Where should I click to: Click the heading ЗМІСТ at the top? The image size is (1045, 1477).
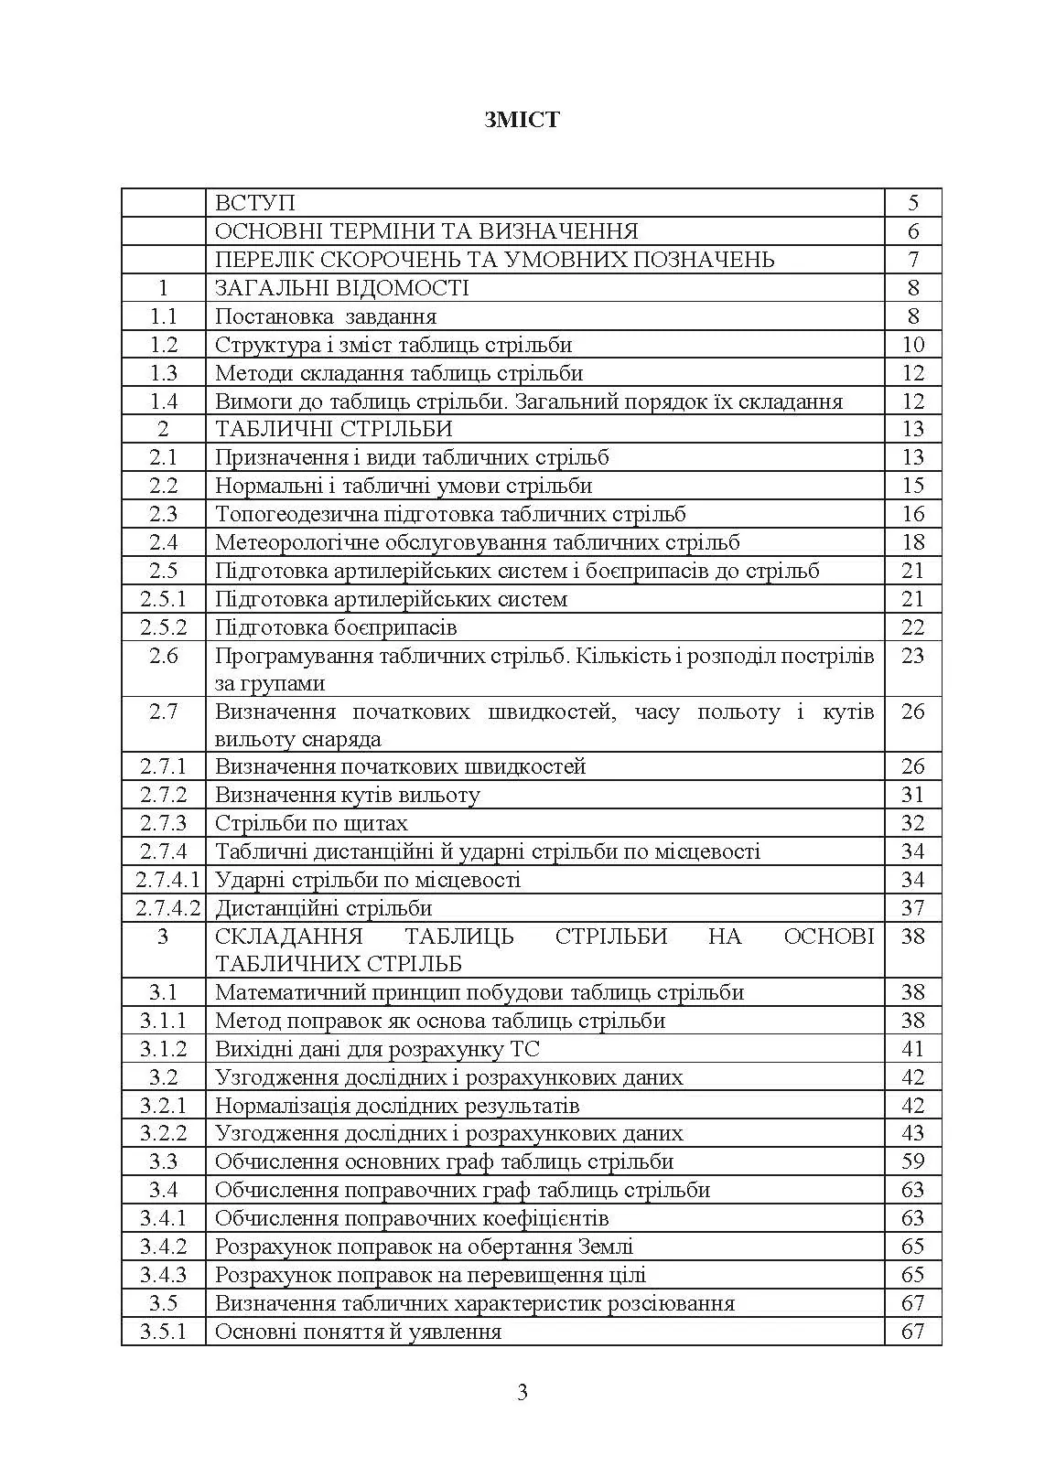pyautogui.click(x=522, y=120)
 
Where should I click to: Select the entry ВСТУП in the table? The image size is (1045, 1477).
pyautogui.click(x=255, y=203)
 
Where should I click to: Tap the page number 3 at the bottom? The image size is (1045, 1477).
pyautogui.click(x=522, y=1393)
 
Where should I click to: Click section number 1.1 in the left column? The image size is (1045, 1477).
pyautogui.click(x=164, y=316)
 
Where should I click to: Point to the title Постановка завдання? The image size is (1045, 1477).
pyautogui.click(x=326, y=316)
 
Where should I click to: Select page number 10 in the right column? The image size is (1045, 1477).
pyautogui.click(x=912, y=345)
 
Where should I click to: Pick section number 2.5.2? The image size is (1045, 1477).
pyautogui.click(x=164, y=627)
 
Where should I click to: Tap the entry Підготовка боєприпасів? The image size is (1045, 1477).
pyautogui.click(x=336, y=627)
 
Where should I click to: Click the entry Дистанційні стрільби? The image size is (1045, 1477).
pyautogui.click(x=323, y=908)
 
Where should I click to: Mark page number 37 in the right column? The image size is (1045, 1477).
pyautogui.click(x=912, y=908)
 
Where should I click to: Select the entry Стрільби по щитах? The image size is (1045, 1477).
pyautogui.click(x=311, y=823)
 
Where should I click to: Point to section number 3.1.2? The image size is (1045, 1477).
pyautogui.click(x=164, y=1049)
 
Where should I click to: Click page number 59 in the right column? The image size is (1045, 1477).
pyautogui.click(x=912, y=1161)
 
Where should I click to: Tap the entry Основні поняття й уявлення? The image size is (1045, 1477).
pyautogui.click(x=358, y=1332)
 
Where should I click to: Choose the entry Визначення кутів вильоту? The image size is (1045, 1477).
pyautogui.click(x=347, y=795)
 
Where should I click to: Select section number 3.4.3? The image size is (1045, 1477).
pyautogui.click(x=164, y=1275)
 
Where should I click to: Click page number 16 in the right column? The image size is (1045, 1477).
pyautogui.click(x=912, y=514)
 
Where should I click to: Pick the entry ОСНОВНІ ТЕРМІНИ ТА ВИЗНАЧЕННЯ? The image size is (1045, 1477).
pyautogui.click(x=426, y=231)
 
